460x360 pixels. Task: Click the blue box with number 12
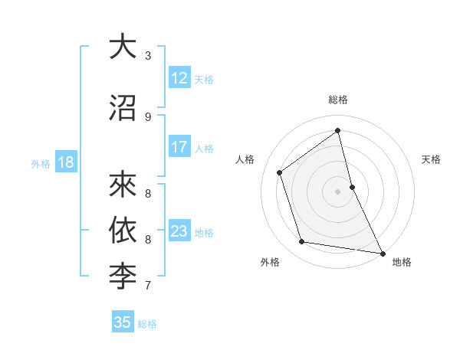coord(179,78)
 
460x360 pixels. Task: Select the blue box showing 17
coord(179,147)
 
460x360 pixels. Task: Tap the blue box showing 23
coord(179,231)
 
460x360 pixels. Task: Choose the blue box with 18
coord(65,162)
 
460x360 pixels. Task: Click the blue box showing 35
coord(123,322)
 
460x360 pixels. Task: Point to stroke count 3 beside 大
coord(148,56)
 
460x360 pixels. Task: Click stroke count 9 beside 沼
coord(148,116)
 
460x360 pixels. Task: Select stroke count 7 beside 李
coord(148,286)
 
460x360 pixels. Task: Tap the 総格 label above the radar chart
coord(338,100)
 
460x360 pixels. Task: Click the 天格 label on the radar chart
coord(431,159)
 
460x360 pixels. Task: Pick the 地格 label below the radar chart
coord(402,262)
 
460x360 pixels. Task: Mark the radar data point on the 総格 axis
coord(338,130)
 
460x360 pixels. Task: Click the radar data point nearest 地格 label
coord(382,252)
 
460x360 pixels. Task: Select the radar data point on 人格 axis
coord(280,172)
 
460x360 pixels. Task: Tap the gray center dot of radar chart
coord(338,191)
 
